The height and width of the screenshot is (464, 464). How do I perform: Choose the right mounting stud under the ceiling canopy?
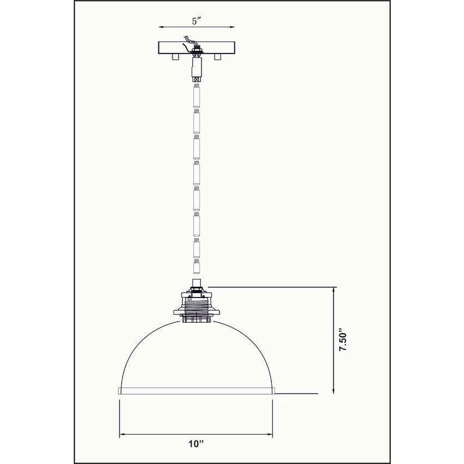pyautogui.click(x=218, y=56)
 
